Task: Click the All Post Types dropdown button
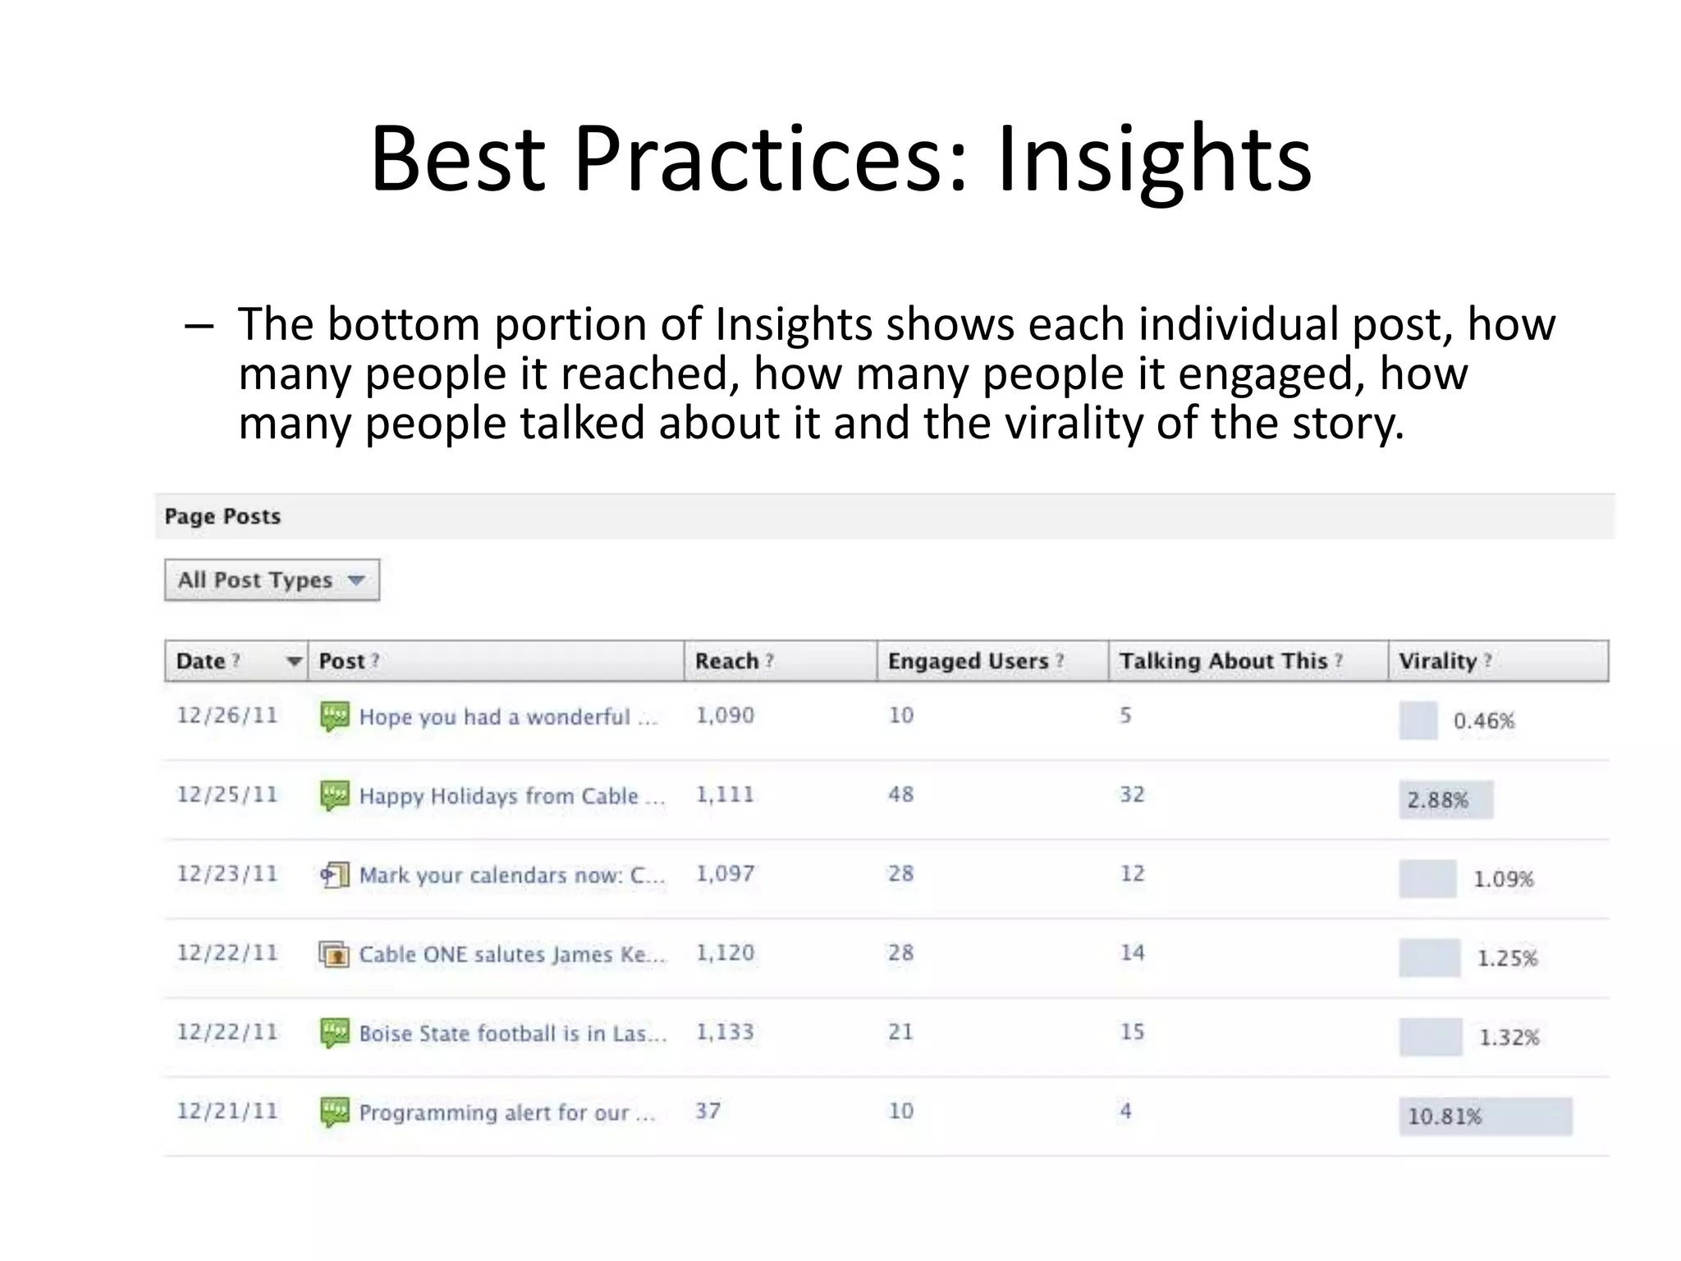click(x=272, y=580)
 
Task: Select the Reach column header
click(x=726, y=661)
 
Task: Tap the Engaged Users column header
click(x=969, y=661)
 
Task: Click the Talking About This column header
click(x=1223, y=661)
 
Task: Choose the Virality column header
click(x=1438, y=661)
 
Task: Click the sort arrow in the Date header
click(x=293, y=662)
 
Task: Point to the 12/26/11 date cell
click(x=227, y=715)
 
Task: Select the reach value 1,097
click(x=725, y=874)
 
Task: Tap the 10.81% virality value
click(x=1445, y=1117)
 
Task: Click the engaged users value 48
click(x=900, y=795)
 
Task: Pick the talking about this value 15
click(x=1132, y=1032)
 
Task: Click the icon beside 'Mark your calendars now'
click(x=334, y=874)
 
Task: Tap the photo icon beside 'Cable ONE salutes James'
click(x=334, y=954)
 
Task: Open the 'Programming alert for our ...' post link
click(x=506, y=1112)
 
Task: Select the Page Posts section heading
click(x=222, y=516)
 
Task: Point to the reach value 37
click(x=708, y=1111)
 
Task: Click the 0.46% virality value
click(x=1483, y=721)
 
